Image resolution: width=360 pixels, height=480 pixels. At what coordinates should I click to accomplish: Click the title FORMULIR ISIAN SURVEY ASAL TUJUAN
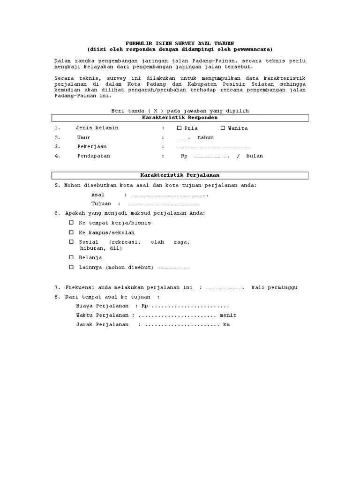point(180,43)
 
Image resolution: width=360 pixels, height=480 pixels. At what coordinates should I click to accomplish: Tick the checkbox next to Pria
point(179,128)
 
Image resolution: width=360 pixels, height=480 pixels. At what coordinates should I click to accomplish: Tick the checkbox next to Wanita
point(223,128)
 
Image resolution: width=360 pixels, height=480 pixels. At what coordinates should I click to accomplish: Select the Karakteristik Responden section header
point(180,118)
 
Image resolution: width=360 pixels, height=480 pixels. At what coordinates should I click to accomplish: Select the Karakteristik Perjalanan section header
point(180,175)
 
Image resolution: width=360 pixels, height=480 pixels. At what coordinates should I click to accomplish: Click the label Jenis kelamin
point(97,128)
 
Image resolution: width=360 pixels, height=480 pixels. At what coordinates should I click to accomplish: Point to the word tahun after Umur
point(205,138)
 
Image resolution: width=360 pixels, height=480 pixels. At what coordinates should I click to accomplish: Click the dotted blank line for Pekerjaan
point(213,147)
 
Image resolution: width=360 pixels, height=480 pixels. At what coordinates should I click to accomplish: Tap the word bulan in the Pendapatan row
point(255,156)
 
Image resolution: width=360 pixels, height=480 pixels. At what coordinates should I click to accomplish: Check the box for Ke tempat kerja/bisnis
point(71,223)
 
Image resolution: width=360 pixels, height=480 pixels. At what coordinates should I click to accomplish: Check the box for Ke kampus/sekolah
point(71,232)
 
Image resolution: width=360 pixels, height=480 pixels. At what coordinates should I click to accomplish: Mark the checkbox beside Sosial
point(71,242)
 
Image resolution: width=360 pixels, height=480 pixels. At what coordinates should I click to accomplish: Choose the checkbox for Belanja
point(71,257)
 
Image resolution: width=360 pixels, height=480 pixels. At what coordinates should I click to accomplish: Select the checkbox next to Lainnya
point(71,267)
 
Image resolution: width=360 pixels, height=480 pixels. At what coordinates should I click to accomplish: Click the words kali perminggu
point(274,287)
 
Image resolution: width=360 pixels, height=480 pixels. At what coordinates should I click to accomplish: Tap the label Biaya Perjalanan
point(102,306)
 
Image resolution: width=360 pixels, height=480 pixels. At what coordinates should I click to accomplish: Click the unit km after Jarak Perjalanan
point(227,325)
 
